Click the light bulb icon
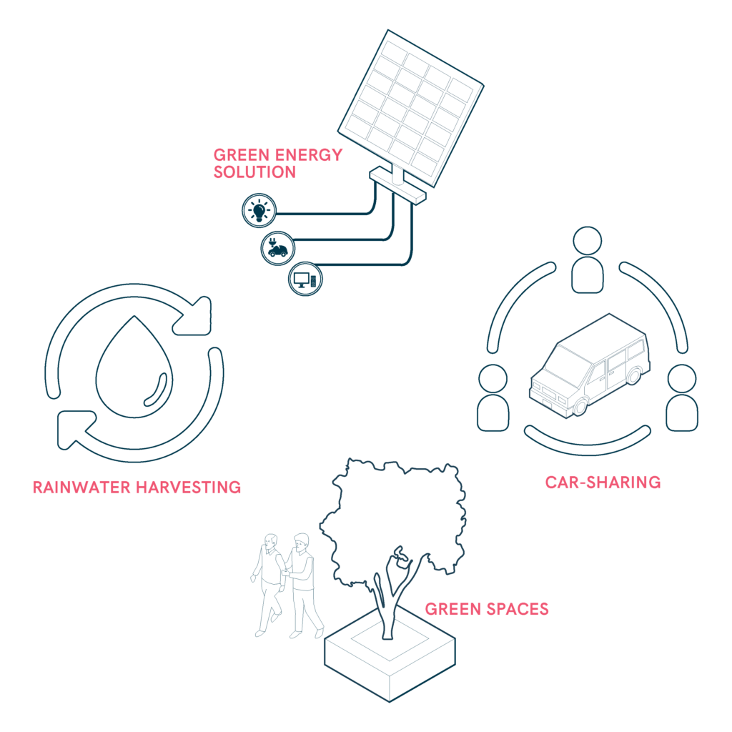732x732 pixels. [259, 211]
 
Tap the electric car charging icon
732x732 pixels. [278, 248]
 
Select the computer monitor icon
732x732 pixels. [305, 280]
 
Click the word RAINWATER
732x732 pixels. [81, 488]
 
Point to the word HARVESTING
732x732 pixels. [189, 488]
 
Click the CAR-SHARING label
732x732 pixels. [603, 483]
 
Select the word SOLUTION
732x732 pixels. [254, 172]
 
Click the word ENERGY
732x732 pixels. [309, 155]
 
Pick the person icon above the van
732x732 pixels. [588, 260]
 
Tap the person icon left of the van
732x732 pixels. [493, 397]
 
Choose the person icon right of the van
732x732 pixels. [681, 397]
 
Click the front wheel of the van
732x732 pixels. [580, 406]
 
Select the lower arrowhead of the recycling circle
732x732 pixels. [74, 430]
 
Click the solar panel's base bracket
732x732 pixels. [397, 186]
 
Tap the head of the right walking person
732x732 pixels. [302, 543]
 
